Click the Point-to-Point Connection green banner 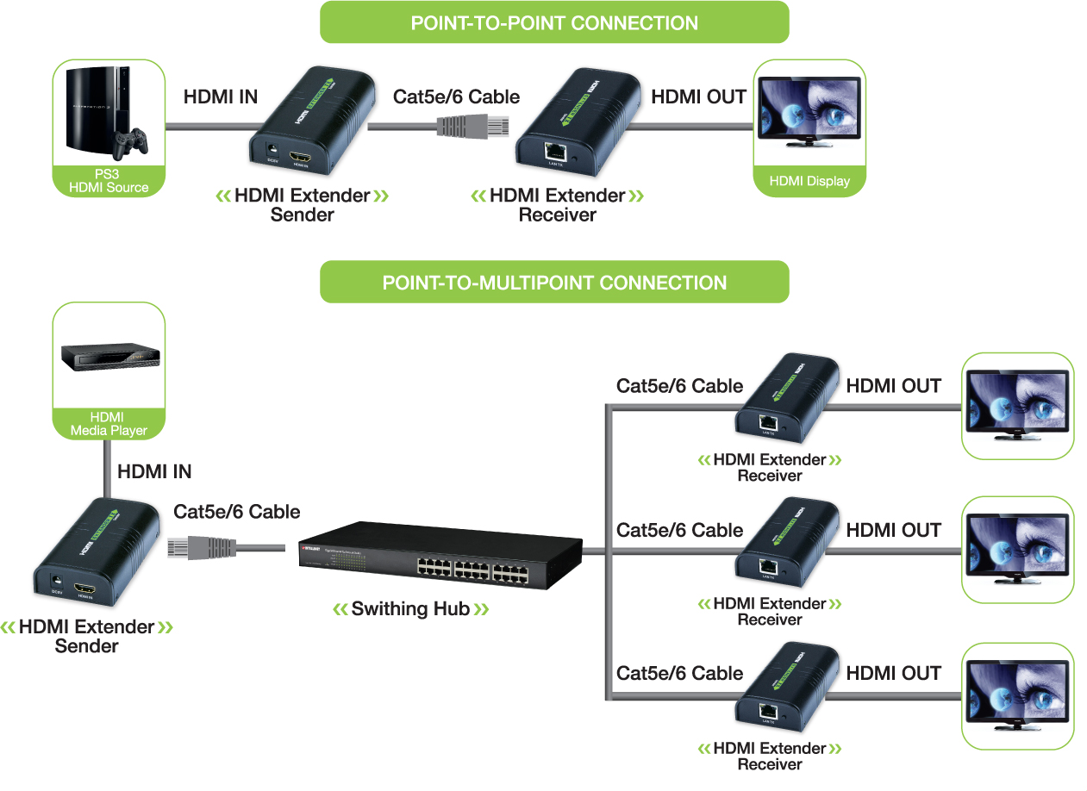[x=554, y=22]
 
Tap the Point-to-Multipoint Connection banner [x=554, y=283]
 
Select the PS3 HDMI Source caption [x=109, y=181]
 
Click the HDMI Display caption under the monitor [x=809, y=181]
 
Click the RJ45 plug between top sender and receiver [x=474, y=125]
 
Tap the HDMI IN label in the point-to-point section [x=221, y=97]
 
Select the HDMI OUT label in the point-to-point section [x=698, y=97]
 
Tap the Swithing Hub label [x=410, y=609]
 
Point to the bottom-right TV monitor [x=1017, y=696]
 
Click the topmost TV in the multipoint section [x=1017, y=406]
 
